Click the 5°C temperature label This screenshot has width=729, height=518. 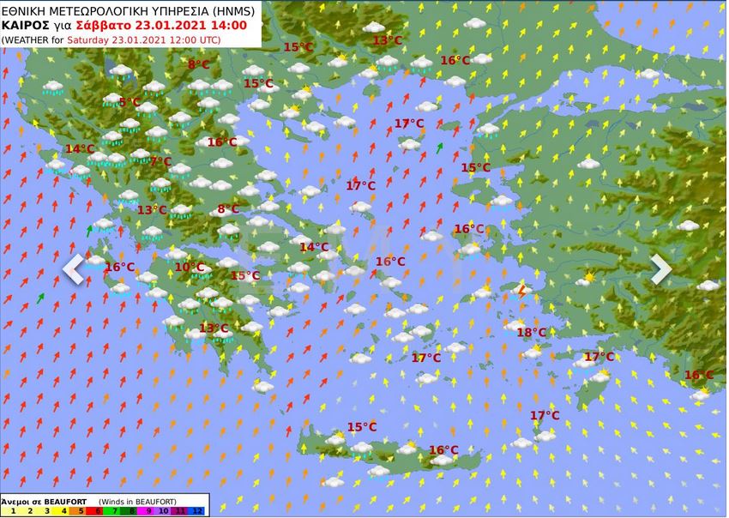pos(130,102)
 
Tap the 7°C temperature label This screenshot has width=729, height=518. pos(160,160)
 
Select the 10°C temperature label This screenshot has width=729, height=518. pos(190,267)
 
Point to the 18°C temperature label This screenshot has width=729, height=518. pos(532,332)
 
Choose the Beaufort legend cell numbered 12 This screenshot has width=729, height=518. pos(198,511)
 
